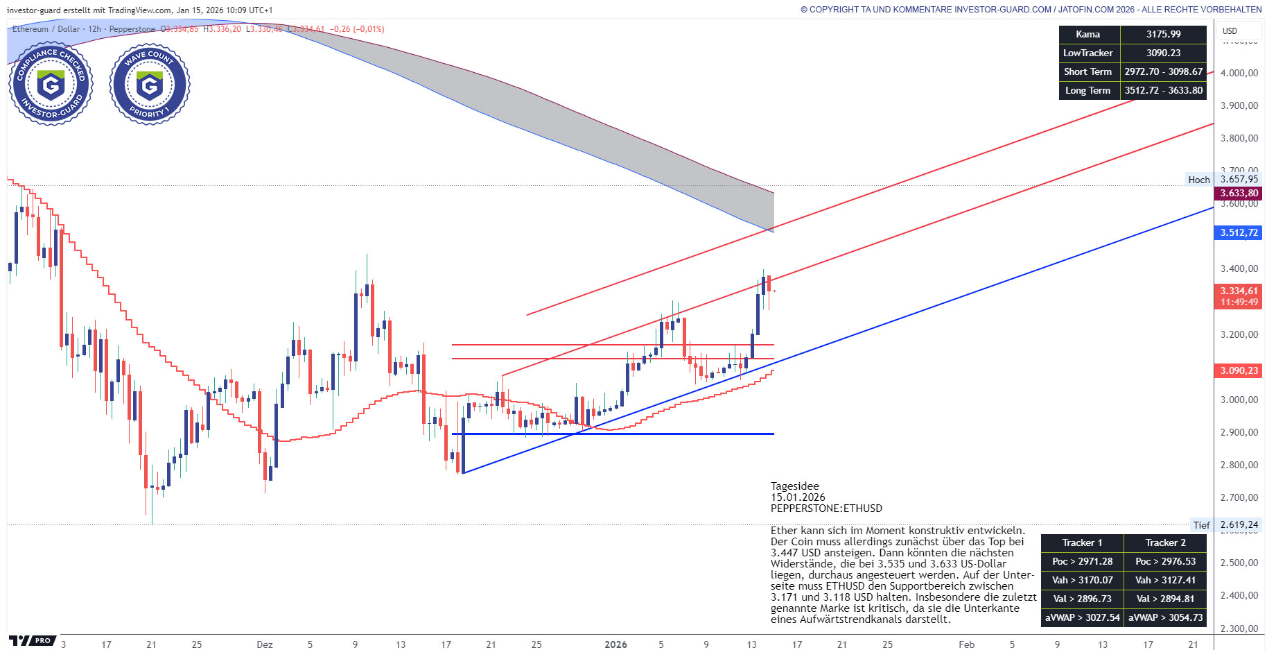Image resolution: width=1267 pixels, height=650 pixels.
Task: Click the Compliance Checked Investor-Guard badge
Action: click(51, 84)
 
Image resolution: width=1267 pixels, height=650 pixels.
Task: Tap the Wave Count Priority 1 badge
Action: click(149, 84)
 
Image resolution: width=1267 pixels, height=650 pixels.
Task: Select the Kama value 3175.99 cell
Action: click(1163, 34)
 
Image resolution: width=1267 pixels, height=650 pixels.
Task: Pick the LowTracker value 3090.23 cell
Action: click(1163, 53)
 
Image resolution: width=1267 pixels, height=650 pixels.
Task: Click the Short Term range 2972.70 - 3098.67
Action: click(1163, 71)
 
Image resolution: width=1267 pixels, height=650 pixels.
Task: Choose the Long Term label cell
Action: click(1087, 90)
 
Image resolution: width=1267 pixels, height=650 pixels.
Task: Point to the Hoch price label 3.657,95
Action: click(1239, 179)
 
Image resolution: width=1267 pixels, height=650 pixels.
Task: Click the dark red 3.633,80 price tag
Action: click(1239, 193)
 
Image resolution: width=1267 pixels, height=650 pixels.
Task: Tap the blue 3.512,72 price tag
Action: click(1239, 232)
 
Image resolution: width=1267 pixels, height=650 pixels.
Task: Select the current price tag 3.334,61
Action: click(1239, 291)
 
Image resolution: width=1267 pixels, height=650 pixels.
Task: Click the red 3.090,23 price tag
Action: click(1239, 370)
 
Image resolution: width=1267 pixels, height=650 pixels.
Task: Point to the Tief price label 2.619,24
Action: click(1239, 524)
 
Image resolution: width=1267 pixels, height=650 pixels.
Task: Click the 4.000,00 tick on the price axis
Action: click(1239, 73)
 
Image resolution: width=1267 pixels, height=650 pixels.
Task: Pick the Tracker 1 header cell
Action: click(1082, 542)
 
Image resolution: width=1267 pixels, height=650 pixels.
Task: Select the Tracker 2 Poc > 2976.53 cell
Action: click(1165, 561)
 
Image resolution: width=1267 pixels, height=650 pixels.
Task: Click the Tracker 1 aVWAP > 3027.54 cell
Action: click(1082, 617)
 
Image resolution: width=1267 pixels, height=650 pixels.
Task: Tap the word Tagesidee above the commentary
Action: click(794, 486)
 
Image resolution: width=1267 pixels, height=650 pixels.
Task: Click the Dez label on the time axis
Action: click(264, 644)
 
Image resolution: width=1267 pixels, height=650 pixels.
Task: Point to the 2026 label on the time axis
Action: click(615, 644)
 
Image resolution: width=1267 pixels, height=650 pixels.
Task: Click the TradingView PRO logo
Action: click(32, 640)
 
